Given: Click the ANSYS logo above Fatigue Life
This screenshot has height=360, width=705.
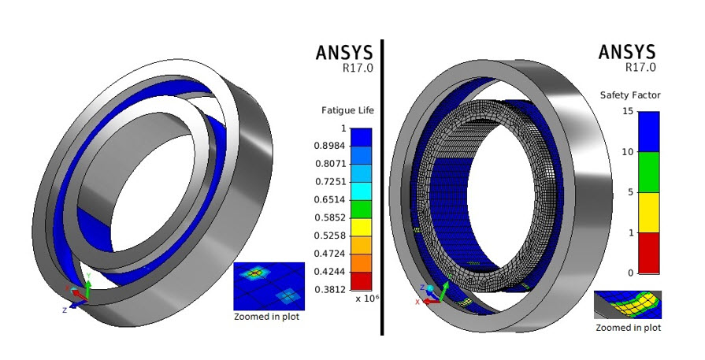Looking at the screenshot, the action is (x=344, y=52).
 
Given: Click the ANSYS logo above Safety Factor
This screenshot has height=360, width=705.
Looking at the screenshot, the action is (x=627, y=52).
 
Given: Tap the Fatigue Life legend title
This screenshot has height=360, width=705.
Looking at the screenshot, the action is (x=347, y=110).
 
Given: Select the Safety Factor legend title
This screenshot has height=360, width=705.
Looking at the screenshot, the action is (x=630, y=95).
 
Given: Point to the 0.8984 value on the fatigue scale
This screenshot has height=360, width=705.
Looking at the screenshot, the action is (x=331, y=146).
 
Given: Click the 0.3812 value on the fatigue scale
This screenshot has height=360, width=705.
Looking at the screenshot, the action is (x=331, y=289).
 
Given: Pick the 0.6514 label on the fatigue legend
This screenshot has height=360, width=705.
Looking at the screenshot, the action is (x=331, y=199).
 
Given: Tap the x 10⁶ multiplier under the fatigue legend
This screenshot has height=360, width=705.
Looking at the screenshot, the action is (x=364, y=298).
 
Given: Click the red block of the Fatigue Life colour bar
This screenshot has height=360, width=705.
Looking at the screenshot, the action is (x=361, y=281).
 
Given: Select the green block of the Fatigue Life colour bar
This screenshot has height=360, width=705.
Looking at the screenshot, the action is (x=361, y=210).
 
